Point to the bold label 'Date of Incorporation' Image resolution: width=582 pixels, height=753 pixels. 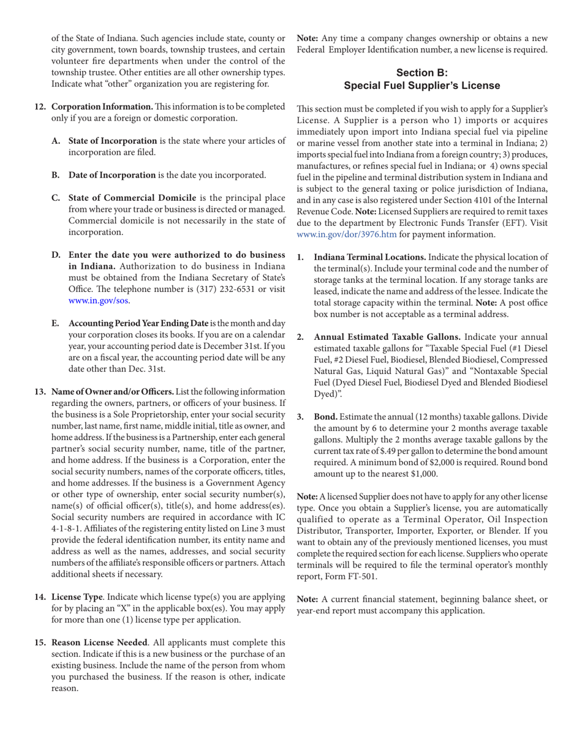click(x=112, y=175)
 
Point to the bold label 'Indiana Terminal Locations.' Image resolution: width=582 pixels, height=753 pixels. click(x=370, y=257)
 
